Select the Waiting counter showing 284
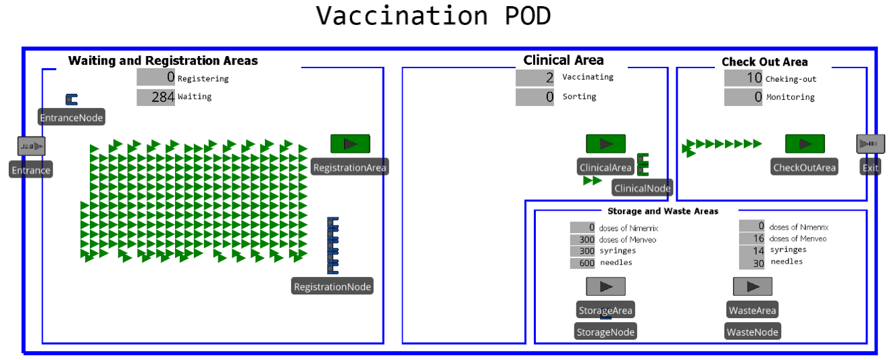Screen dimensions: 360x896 pyautogui.click(x=156, y=97)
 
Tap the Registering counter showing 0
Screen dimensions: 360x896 pyautogui.click(x=156, y=78)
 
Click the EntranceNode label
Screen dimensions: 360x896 pyautogui.click(x=72, y=118)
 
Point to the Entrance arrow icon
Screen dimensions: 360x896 pyautogui.click(x=31, y=146)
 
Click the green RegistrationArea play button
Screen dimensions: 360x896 pyautogui.click(x=350, y=144)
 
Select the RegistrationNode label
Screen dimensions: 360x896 pyautogui.click(x=332, y=286)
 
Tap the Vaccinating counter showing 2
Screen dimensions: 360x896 pyautogui.click(x=535, y=78)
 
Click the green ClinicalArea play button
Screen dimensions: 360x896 pyautogui.click(x=605, y=144)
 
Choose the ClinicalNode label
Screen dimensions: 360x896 pyautogui.click(x=643, y=188)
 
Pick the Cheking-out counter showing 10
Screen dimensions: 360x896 pyautogui.click(x=744, y=78)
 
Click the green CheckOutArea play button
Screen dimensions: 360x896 pyautogui.click(x=805, y=144)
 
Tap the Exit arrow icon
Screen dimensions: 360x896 pyautogui.click(x=870, y=144)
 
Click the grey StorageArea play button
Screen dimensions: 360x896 pyautogui.click(x=605, y=286)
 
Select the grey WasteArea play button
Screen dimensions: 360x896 pyautogui.click(x=753, y=286)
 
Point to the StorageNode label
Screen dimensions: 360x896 pyautogui.click(x=605, y=332)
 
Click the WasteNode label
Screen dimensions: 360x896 pyautogui.click(x=753, y=332)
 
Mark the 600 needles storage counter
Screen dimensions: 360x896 pyautogui.click(x=582, y=263)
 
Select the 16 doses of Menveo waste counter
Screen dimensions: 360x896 pyautogui.click(x=751, y=238)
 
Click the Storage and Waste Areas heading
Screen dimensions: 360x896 pyautogui.click(x=663, y=211)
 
